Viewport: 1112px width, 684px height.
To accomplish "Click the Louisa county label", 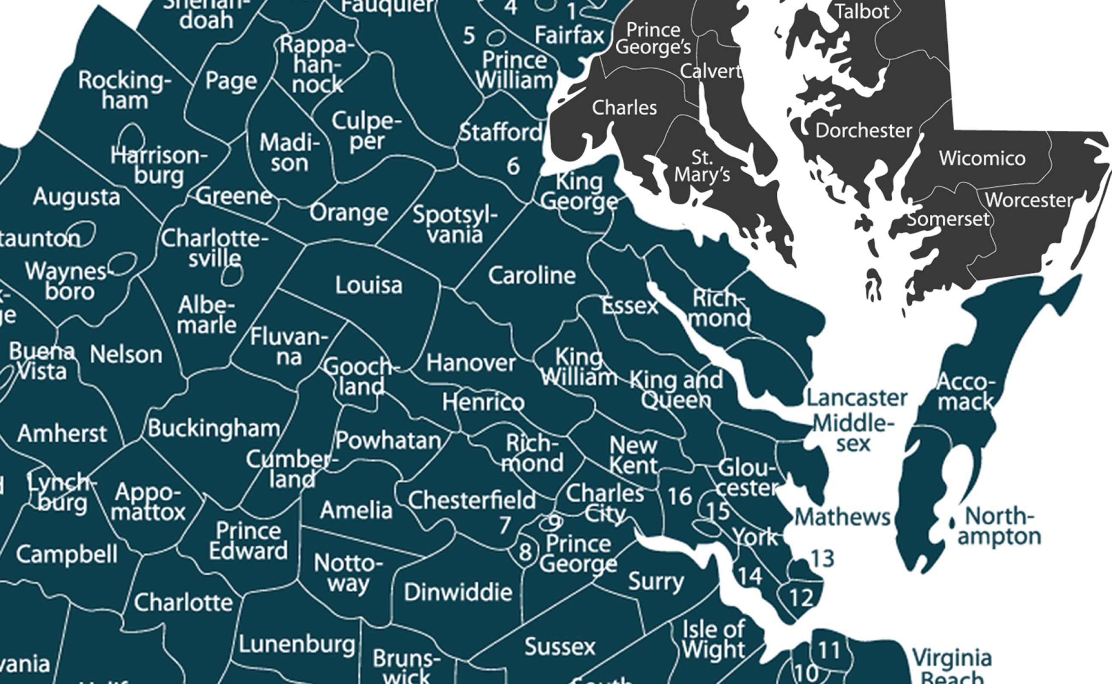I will (369, 286).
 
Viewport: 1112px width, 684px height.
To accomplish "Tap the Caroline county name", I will (532, 275).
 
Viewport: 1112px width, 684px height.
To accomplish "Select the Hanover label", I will (471, 363).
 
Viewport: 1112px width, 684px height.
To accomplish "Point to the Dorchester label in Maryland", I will (863, 131).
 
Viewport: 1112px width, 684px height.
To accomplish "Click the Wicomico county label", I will (982, 158).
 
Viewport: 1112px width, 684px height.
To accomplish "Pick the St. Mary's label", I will (702, 166).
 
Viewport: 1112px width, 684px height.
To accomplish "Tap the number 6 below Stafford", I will (513, 166).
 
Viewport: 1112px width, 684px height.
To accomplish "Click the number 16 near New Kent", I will (679, 497).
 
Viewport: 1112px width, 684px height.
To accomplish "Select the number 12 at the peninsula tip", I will (801, 598).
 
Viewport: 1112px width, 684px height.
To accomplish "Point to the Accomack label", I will (965, 392).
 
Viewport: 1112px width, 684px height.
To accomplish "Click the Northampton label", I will (999, 526).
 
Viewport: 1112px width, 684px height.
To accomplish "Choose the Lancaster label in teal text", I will (857, 398).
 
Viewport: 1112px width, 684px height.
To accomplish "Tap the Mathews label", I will (842, 517).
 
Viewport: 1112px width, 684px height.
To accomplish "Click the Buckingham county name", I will (213, 428).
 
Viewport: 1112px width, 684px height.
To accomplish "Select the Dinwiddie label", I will (458, 592).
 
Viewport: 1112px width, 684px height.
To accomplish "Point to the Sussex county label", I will (560, 646).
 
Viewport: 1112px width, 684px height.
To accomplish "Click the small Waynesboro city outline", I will (123, 264).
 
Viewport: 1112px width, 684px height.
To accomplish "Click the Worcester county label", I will (1029, 200).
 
